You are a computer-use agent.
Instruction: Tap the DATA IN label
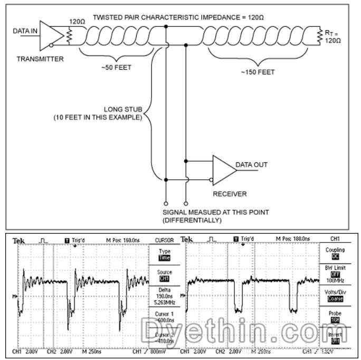coord(25,32)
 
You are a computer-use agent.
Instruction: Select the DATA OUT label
coord(251,164)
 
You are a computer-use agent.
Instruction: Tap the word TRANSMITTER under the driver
coord(40,59)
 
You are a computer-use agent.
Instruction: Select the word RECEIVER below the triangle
coord(230,194)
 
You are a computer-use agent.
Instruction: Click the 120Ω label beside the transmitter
coord(77,23)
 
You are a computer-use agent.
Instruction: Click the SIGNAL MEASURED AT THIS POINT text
coord(216,212)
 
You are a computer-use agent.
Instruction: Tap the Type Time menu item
coord(165,255)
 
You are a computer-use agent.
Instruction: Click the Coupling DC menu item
coord(335,253)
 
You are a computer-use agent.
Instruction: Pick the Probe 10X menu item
coord(335,316)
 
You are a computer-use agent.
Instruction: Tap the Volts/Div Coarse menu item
coord(335,295)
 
